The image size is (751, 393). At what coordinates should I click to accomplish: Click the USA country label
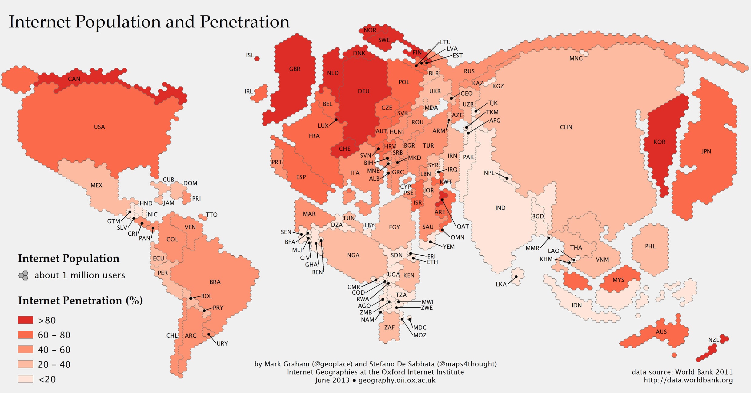(x=99, y=127)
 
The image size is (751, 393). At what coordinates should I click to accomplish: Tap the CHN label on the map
(x=566, y=127)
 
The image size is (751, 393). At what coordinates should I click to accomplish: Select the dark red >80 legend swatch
(x=25, y=320)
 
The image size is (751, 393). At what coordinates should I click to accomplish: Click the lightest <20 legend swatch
(x=25, y=379)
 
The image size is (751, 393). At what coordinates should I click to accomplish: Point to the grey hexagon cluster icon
(x=24, y=275)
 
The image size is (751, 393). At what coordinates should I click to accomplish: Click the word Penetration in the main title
(x=244, y=22)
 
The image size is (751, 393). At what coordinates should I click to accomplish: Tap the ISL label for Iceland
(x=250, y=55)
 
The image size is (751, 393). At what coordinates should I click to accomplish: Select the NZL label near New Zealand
(x=713, y=340)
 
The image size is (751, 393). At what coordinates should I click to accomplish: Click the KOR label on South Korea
(x=659, y=142)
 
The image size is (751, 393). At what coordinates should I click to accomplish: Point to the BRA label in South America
(x=215, y=282)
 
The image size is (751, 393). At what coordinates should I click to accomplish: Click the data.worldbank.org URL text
(x=688, y=380)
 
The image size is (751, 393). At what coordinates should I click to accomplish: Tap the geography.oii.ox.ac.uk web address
(x=397, y=380)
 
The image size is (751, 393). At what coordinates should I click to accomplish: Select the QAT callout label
(x=463, y=226)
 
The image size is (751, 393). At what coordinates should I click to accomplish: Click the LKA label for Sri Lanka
(x=501, y=284)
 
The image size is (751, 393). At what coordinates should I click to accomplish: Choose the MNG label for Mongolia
(x=576, y=58)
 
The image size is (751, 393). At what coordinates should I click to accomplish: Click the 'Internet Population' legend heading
(x=69, y=258)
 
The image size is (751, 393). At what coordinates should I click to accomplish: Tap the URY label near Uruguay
(x=222, y=343)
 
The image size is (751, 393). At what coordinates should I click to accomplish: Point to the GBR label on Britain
(x=295, y=69)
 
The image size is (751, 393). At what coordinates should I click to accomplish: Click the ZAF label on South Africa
(x=389, y=327)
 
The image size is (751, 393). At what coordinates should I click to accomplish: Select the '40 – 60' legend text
(x=54, y=350)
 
